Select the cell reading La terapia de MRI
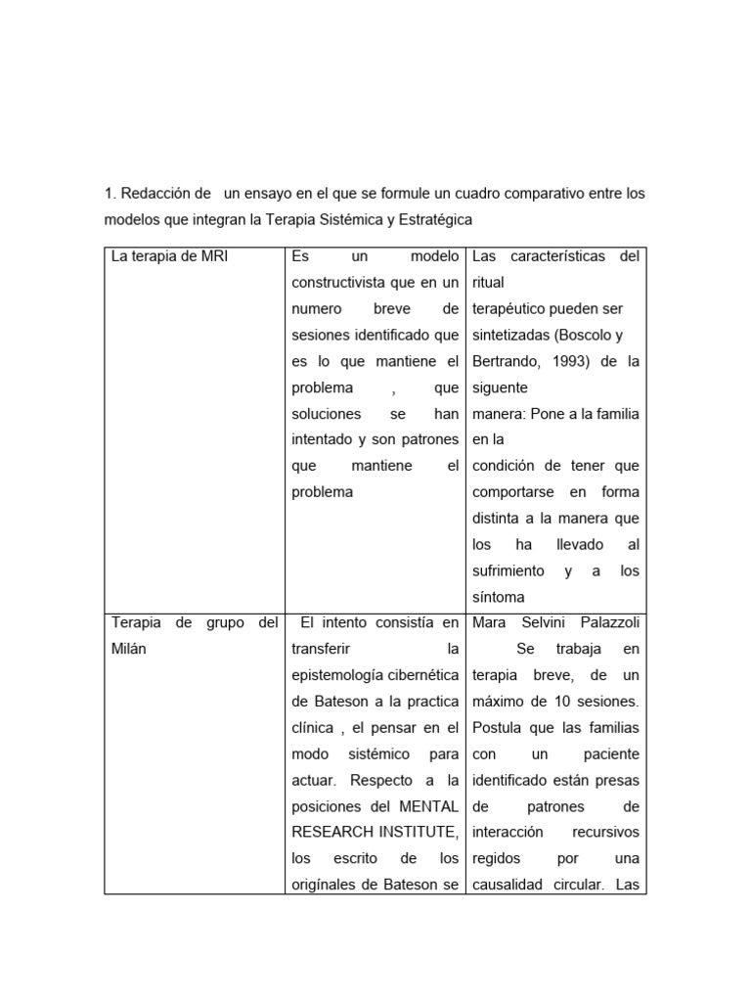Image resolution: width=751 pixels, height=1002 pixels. [170, 257]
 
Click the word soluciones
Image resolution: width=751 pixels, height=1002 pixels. [327, 414]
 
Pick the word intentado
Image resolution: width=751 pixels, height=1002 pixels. [327, 439]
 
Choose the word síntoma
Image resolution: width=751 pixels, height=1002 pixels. [498, 597]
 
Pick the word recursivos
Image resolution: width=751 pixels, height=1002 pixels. [606, 832]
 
